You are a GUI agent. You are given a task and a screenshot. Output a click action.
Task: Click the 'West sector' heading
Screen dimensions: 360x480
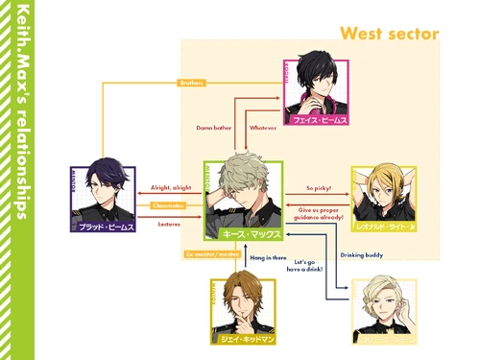[x=389, y=34]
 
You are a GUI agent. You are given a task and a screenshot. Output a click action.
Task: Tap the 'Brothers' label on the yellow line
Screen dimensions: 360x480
[x=192, y=84]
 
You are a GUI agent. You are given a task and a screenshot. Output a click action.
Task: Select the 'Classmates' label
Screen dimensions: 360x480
[x=167, y=204]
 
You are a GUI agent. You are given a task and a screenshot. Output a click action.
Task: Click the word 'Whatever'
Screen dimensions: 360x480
[x=262, y=127]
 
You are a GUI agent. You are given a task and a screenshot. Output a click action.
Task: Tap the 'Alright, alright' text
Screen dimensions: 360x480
[x=171, y=188]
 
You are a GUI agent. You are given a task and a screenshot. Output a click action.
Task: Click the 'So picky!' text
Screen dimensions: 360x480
[x=318, y=188]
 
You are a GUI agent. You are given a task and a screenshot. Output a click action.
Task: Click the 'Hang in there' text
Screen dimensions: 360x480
[x=266, y=258]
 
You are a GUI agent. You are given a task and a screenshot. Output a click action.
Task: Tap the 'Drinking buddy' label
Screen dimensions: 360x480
[x=361, y=254]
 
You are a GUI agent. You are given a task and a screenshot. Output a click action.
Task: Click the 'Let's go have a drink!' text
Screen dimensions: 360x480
[x=308, y=266]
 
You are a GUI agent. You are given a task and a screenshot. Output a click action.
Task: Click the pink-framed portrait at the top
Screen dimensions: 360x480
[x=316, y=91]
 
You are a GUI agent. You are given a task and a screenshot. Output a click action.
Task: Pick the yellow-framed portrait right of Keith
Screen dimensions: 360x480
[x=384, y=199]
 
